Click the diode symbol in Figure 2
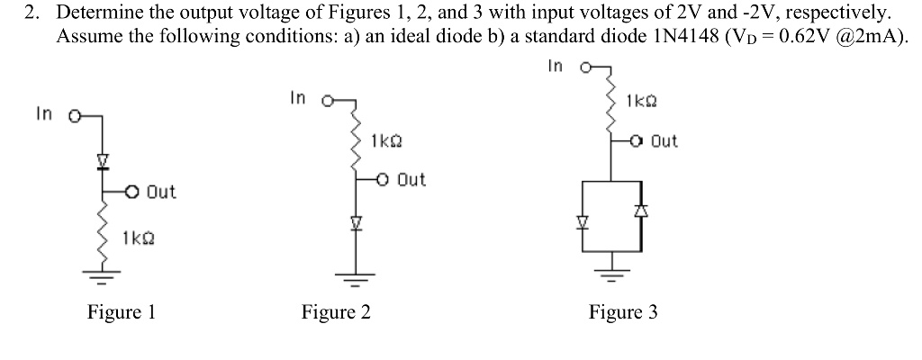(355, 221)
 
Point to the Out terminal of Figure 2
(383, 179)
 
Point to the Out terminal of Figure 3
(637, 141)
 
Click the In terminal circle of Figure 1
(74, 114)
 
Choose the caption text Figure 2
(336, 312)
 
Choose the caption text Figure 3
(623, 312)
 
